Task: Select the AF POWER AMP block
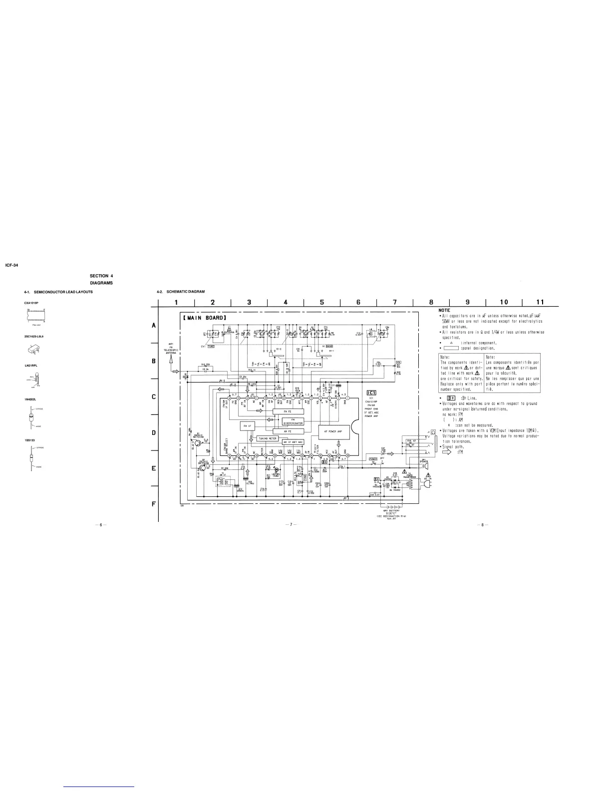pos(332,431)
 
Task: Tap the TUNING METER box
pos(267,438)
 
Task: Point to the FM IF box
pos(247,426)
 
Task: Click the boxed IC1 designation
pos(371,392)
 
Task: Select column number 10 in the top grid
pos(503,302)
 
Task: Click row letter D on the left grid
pos(154,433)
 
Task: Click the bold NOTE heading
pos(444,311)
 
